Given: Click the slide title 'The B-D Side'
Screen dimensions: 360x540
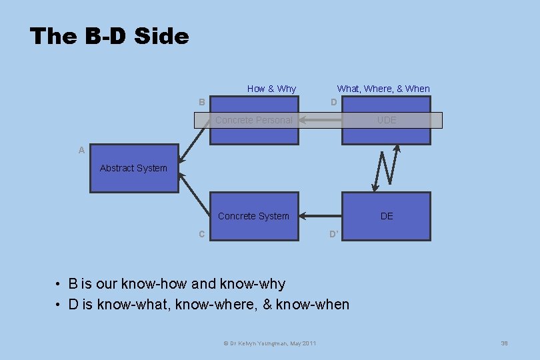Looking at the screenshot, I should coord(109,36).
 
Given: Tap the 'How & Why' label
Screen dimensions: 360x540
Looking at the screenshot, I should coord(271,89).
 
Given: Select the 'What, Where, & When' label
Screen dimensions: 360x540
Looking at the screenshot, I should coord(383,89).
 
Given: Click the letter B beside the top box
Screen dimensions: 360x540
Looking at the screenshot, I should coord(201,102).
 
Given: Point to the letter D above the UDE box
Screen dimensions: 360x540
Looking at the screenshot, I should coord(334,102).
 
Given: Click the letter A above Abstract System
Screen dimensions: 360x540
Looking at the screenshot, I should coord(81,151).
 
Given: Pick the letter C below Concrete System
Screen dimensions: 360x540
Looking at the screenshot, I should coord(201,234).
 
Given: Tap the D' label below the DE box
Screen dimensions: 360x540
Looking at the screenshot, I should coord(335,234).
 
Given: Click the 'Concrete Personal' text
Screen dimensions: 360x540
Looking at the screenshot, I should coord(253,120).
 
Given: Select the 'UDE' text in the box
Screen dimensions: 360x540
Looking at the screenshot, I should coord(387,120).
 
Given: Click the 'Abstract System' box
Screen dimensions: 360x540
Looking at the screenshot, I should coord(134,169).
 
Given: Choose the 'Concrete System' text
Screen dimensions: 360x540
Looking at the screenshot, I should coord(253,216).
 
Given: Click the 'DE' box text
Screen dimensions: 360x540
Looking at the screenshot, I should coord(387,216).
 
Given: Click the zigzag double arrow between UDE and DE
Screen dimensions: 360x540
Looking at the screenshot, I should coord(386,168).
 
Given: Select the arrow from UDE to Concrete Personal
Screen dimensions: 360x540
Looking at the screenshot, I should coord(321,121).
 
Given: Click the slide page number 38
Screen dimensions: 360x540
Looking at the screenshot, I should coord(504,343).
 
